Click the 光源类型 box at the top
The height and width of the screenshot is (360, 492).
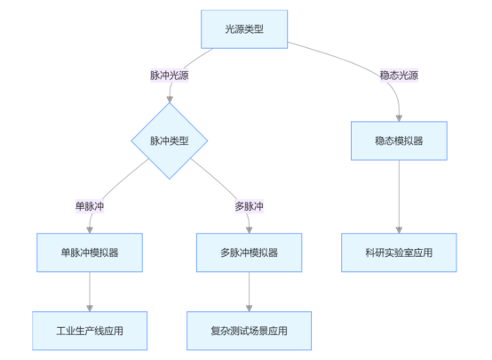(x=244, y=29)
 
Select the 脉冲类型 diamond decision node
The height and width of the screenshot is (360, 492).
(x=169, y=141)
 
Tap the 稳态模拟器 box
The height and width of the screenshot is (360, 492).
(x=398, y=140)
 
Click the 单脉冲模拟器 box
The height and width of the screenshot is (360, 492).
(x=90, y=252)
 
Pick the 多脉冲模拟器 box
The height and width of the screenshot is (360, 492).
(x=249, y=252)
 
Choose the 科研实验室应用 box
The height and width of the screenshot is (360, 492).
(x=398, y=252)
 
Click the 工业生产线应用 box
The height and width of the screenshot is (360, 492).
(x=90, y=331)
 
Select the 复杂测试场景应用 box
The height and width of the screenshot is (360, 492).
(x=249, y=331)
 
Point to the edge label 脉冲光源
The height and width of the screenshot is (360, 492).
(x=169, y=76)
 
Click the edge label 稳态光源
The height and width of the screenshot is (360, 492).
(x=398, y=76)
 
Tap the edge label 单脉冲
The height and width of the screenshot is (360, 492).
(x=90, y=206)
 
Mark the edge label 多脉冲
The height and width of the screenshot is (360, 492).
(x=249, y=206)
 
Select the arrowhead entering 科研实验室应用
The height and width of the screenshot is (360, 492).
(x=398, y=229)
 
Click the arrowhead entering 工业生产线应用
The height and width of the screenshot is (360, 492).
(x=90, y=307)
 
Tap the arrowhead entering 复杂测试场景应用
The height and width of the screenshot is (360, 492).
(x=249, y=307)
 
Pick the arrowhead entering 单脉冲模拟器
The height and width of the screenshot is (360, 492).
(x=90, y=229)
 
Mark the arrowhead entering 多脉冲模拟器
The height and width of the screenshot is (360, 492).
(x=249, y=229)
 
